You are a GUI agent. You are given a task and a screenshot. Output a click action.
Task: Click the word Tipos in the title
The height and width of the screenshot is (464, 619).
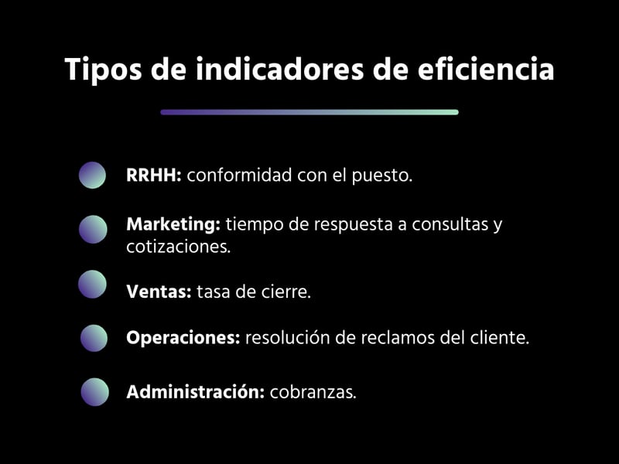[x=99, y=70]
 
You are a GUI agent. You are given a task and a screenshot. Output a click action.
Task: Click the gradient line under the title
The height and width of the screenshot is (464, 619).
[x=309, y=112]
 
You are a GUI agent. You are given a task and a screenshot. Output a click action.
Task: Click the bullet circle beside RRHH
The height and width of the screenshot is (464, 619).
[x=92, y=176]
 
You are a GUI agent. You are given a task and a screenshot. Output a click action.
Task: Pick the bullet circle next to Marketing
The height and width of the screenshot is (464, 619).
[x=93, y=230]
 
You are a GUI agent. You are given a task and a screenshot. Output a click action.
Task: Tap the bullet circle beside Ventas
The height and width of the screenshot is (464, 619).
[x=92, y=285]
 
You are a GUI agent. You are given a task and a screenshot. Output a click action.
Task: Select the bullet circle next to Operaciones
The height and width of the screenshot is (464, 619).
[x=94, y=338]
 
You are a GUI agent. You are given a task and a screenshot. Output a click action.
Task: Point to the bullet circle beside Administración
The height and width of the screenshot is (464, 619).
[x=95, y=392]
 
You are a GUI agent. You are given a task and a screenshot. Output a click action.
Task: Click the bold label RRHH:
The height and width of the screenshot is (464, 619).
[x=153, y=176]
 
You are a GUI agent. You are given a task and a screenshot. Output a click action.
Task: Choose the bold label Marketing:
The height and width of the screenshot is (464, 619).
[x=173, y=225]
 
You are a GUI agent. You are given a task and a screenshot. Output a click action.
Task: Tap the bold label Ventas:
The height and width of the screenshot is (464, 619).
[x=158, y=292]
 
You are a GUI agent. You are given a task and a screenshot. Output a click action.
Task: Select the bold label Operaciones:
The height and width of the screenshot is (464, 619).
[x=183, y=339]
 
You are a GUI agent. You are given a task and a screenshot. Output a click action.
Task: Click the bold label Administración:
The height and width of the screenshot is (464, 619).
[x=195, y=392]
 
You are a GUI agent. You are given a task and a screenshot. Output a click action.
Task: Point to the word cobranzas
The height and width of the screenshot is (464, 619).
[x=312, y=392]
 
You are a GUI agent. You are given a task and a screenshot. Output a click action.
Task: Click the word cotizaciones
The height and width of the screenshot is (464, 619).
[x=177, y=247]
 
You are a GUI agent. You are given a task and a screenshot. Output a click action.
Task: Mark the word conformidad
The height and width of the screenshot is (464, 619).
[x=239, y=176]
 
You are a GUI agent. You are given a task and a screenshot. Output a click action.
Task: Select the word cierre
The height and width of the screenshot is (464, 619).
[x=287, y=292]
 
